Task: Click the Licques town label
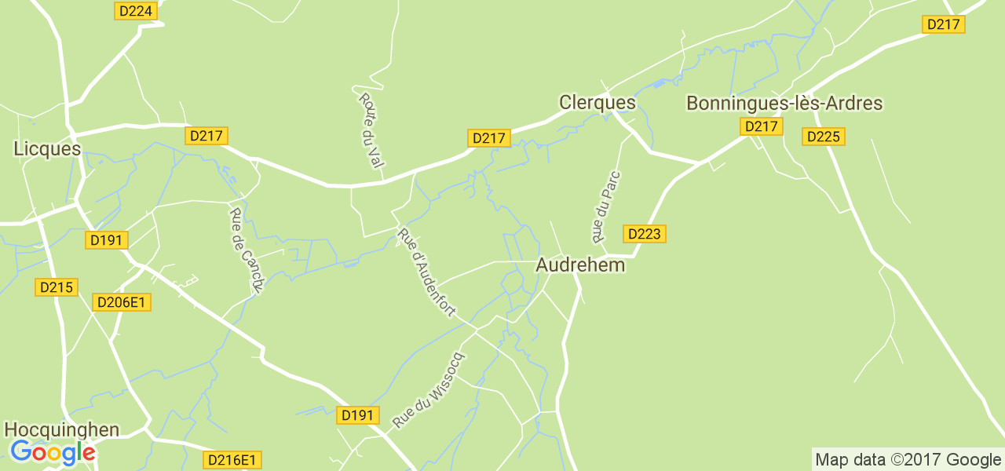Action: coord(47,148)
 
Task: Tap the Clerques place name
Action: coord(597,103)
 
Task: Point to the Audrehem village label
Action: coord(580,265)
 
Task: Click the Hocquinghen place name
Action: coord(62,429)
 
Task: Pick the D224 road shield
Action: coord(137,10)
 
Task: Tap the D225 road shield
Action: coord(823,137)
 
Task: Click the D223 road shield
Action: coord(645,233)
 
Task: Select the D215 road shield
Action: coord(56,287)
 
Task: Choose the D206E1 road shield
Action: coord(122,302)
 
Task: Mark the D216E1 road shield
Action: coord(232,460)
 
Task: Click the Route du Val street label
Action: coord(371,130)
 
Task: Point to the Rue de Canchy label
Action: coord(245,251)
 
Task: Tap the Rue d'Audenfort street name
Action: coord(426,272)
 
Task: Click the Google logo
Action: coord(53,453)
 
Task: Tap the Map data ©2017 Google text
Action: coord(907,459)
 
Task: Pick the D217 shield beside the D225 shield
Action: coord(761,126)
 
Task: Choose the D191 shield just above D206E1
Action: coord(106,240)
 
